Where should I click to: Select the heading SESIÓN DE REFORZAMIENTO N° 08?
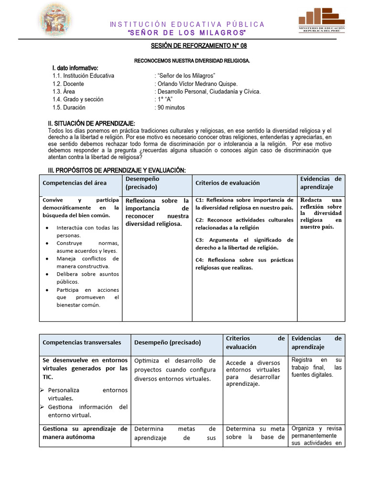(199, 46)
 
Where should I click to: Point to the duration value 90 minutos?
(171, 107)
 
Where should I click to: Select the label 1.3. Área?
(64, 91)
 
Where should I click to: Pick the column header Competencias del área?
(75, 183)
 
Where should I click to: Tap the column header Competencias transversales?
(82, 342)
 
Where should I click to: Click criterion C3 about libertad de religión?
(244, 244)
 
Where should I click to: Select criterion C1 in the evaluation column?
(244, 203)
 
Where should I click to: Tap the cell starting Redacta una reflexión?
(321, 213)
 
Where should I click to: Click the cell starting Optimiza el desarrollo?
(175, 369)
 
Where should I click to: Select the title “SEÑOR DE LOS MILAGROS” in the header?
(187, 32)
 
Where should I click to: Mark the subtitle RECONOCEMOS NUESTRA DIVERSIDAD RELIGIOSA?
(192, 61)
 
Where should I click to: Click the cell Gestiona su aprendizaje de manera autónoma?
(85, 433)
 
